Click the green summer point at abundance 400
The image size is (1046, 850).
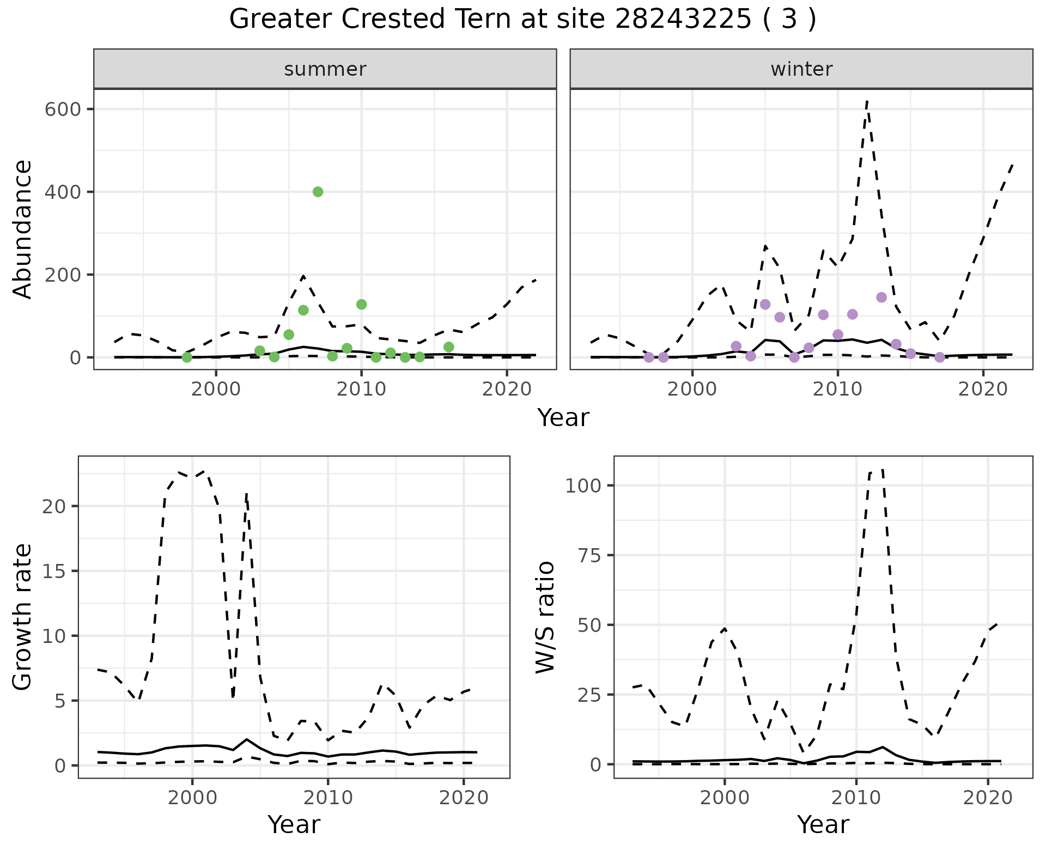(x=318, y=192)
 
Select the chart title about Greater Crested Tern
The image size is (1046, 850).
(x=522, y=20)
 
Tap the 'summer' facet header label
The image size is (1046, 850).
(x=325, y=69)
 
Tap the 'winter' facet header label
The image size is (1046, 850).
(x=801, y=69)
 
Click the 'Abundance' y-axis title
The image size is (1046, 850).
(x=22, y=229)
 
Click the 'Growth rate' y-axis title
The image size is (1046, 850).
(x=22, y=617)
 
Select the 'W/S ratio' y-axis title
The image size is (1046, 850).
(x=545, y=617)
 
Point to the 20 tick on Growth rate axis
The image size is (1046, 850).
(x=53, y=506)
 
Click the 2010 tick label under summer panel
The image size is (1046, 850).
(x=361, y=389)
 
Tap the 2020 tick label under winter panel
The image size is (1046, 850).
(x=983, y=389)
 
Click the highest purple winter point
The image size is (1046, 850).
(x=881, y=297)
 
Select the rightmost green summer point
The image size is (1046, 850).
(x=448, y=347)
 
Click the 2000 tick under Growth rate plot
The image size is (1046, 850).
(x=192, y=798)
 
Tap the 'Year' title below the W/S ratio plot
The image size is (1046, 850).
(x=823, y=825)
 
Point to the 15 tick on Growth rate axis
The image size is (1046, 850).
(x=53, y=571)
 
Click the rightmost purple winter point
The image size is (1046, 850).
(x=940, y=357)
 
